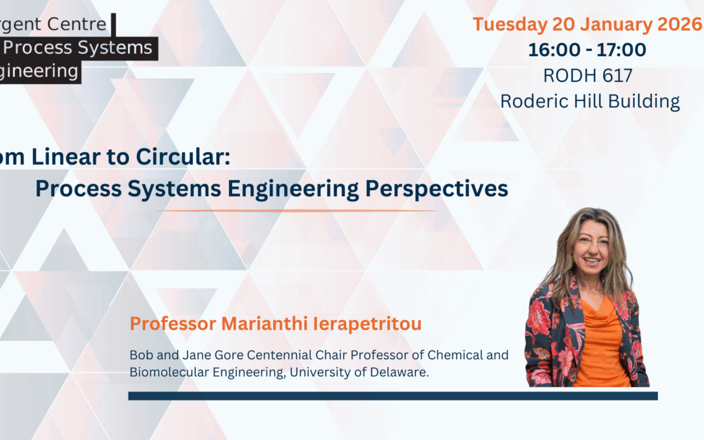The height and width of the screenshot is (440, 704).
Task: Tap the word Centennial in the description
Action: [272, 355]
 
